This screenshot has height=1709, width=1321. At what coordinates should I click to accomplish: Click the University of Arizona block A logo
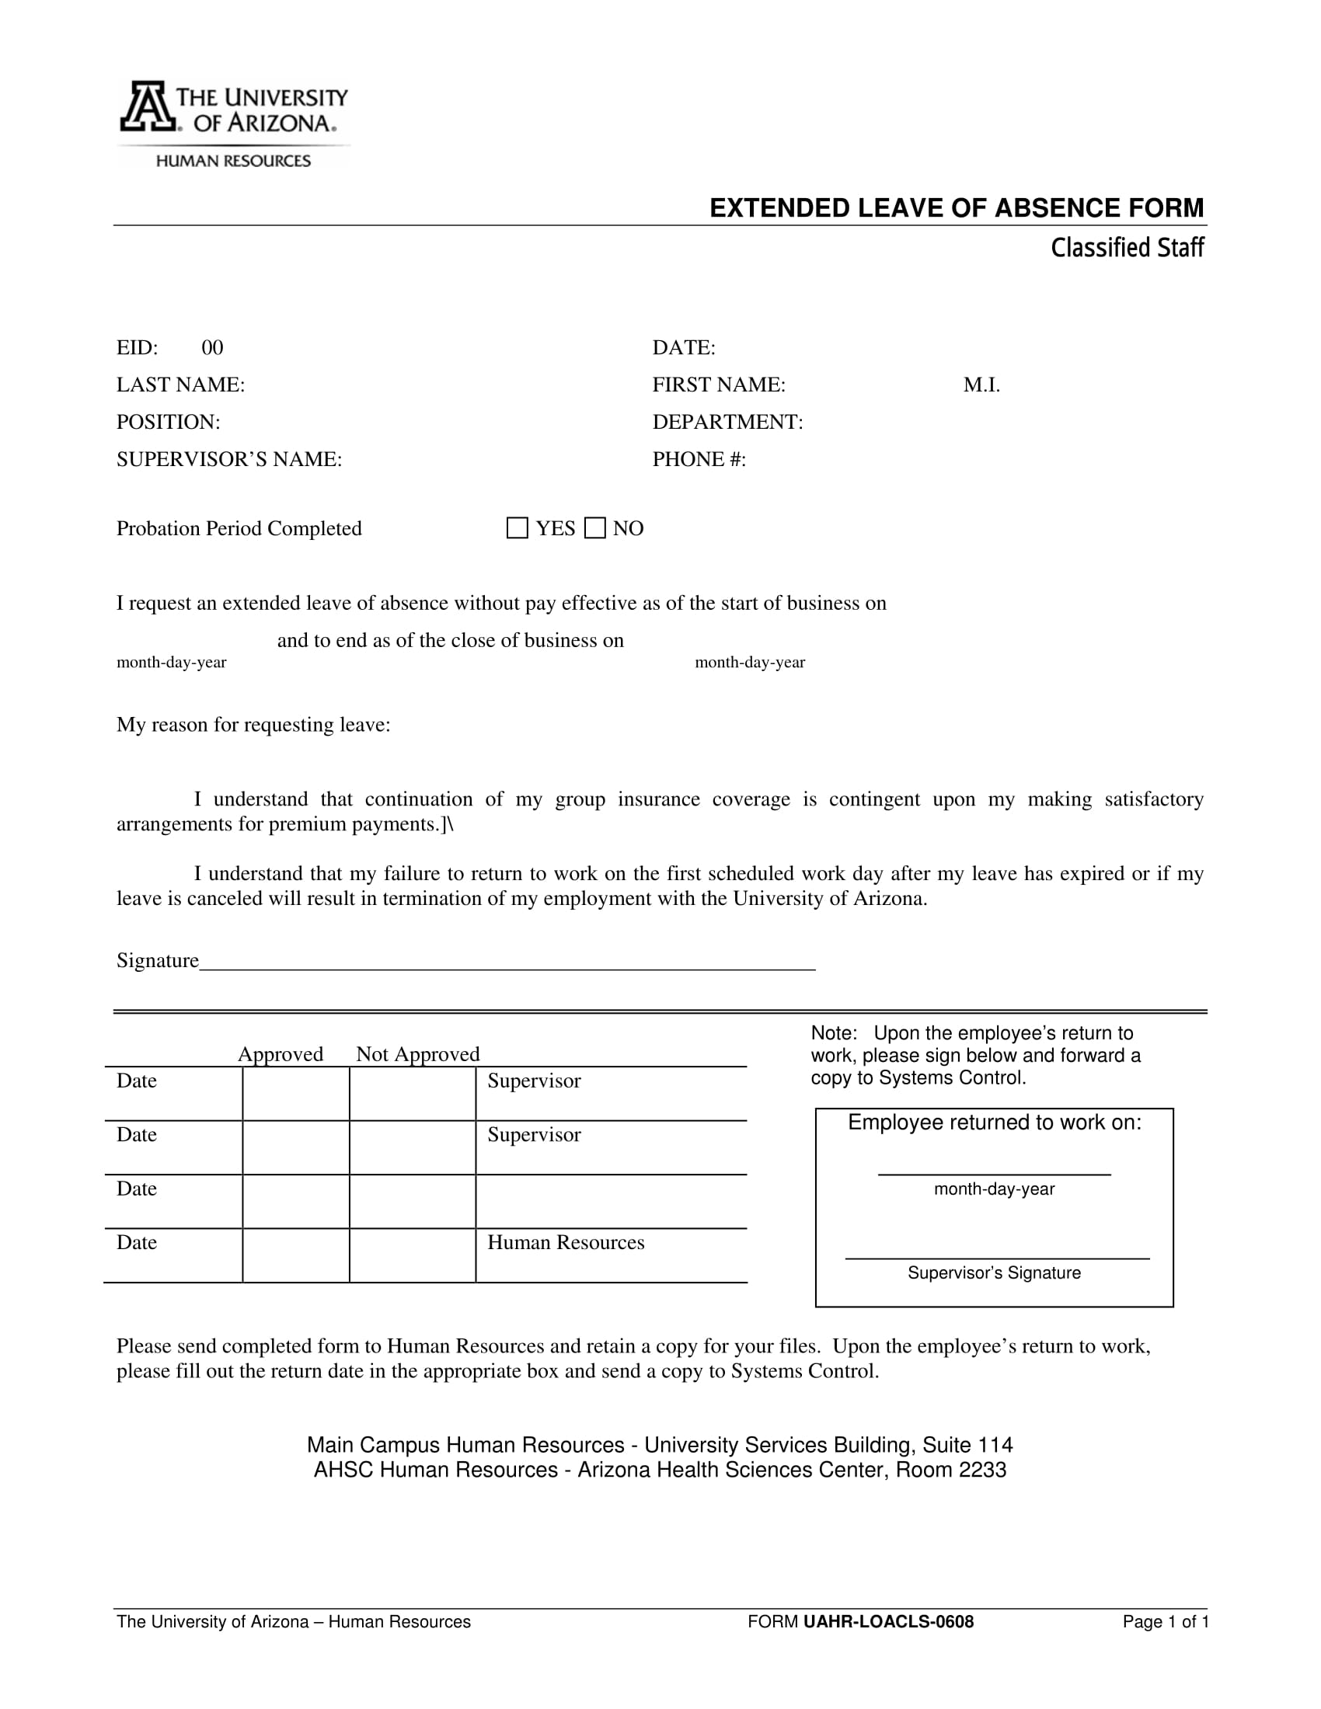[146, 106]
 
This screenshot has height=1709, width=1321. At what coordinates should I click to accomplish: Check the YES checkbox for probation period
[518, 528]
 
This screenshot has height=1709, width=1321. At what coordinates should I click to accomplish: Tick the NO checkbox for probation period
[595, 528]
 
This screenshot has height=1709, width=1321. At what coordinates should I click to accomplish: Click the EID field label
[137, 347]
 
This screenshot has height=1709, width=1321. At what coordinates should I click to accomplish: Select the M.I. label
[981, 385]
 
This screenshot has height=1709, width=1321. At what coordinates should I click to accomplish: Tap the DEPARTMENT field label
[728, 423]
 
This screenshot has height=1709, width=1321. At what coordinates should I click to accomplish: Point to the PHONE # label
[699, 459]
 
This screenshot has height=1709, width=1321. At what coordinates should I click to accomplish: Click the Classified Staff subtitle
[1126, 248]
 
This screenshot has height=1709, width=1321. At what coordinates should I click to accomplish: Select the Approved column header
[281, 1054]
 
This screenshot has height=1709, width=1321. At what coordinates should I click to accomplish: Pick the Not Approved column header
[418, 1054]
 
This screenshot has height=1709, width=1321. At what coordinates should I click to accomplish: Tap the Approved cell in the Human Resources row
[296, 1255]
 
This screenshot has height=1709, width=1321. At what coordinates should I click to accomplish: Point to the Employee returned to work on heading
[995, 1123]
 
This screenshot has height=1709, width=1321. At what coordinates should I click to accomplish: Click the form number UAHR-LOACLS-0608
[888, 1622]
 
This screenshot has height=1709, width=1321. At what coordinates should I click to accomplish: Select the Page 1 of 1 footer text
[1166, 1622]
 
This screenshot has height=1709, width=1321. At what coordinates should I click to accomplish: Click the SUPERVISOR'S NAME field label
[229, 459]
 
